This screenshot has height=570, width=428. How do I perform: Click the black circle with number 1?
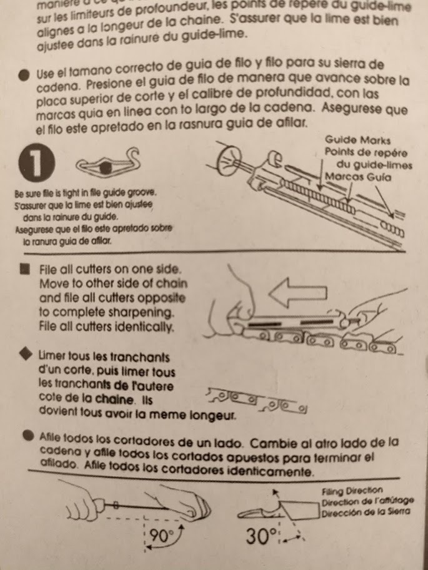point(37,163)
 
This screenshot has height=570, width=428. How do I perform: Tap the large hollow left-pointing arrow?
point(297,293)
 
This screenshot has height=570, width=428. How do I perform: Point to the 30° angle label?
point(261,536)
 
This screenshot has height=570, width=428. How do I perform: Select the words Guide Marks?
point(357,140)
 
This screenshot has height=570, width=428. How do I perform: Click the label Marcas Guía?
point(358,177)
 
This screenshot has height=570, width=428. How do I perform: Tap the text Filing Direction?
point(352,491)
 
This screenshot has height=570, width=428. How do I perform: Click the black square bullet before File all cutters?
point(25,269)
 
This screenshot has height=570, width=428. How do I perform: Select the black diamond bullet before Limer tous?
point(25,355)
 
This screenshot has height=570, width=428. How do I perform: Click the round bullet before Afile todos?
point(27,436)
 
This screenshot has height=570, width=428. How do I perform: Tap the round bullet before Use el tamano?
point(24,76)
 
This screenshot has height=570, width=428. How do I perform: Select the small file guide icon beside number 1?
point(108,162)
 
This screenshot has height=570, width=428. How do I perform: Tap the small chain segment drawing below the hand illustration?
point(256,400)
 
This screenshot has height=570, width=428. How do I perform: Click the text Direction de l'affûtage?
point(367,502)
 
